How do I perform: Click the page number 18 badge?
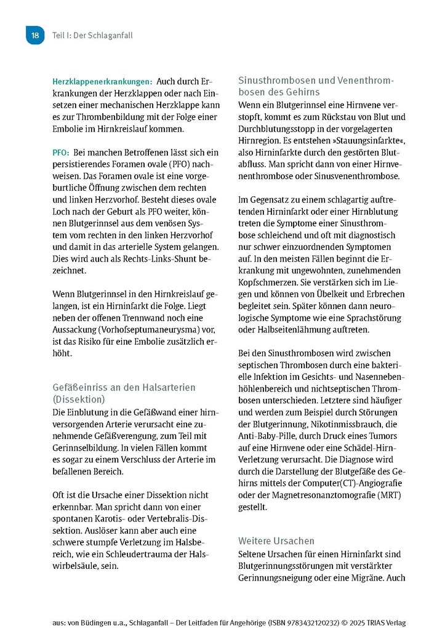click(x=35, y=36)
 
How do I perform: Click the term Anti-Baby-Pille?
click(x=269, y=436)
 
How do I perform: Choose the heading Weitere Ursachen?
click(x=276, y=541)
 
